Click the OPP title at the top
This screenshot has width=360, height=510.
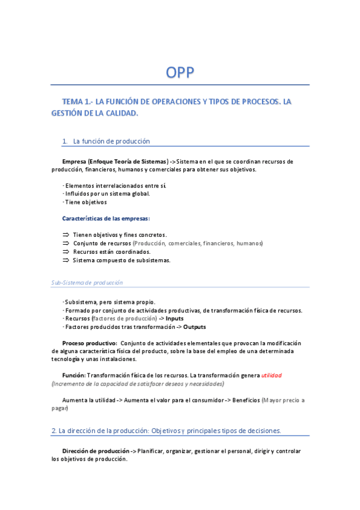180,73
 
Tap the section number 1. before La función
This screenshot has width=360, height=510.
65,141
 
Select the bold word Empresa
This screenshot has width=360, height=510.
75,162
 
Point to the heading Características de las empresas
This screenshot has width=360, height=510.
106,218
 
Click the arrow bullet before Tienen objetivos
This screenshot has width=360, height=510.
66,235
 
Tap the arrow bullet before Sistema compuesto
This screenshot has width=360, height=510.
66,260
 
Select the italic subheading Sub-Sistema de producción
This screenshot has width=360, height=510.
87,283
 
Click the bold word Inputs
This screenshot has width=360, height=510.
175,318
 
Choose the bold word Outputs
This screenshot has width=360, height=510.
194,327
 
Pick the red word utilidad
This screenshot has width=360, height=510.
271,375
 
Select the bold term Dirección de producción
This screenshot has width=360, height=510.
96,451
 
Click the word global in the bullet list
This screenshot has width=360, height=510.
140,194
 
